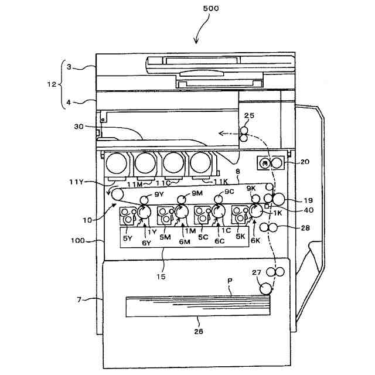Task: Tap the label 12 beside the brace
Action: tap(52, 84)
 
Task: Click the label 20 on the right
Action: tap(305, 162)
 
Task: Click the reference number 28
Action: tap(305, 227)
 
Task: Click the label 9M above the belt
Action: tap(196, 193)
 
